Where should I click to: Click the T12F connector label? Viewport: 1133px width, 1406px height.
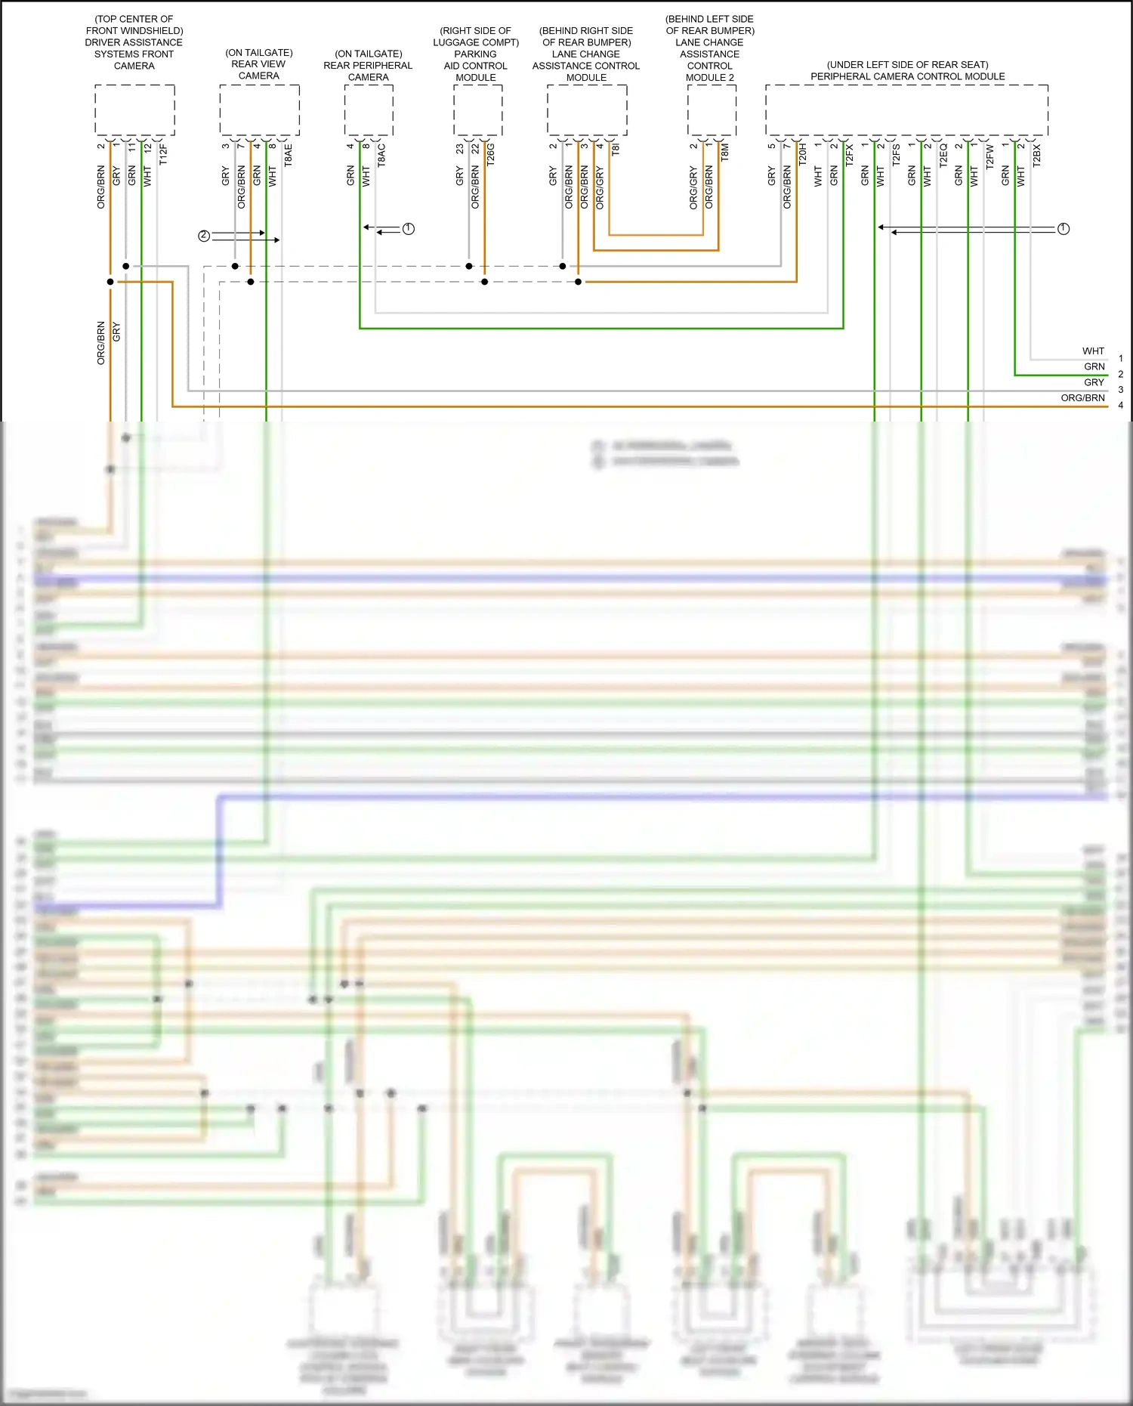coord(163,154)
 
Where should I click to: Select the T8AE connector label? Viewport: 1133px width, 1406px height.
coord(288,155)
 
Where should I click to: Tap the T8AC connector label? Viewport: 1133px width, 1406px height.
coord(381,154)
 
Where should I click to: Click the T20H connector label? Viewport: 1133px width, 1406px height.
coord(802,153)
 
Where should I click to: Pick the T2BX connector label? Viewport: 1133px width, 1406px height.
coord(1036,154)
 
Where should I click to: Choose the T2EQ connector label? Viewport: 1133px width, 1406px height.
coord(943,154)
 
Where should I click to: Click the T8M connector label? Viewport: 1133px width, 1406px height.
coord(724,152)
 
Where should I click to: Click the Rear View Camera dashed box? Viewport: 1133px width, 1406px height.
coord(259,110)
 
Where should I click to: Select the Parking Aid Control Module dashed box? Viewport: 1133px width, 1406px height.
coord(477,110)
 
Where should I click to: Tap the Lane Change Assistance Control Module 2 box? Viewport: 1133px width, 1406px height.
coord(712,110)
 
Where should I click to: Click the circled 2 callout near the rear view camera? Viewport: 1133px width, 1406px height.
coord(204,236)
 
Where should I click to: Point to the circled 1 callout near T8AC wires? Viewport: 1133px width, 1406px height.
coord(409,228)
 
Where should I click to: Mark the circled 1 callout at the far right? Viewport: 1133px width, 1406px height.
coord(1064,228)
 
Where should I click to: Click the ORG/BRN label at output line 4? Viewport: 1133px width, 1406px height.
coord(1082,397)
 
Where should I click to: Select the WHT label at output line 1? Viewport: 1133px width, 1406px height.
coord(1093,351)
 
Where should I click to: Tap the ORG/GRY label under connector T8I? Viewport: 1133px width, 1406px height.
coord(600,187)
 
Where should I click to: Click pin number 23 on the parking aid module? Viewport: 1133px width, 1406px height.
coord(459,149)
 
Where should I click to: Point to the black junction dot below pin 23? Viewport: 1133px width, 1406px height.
coord(469,266)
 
